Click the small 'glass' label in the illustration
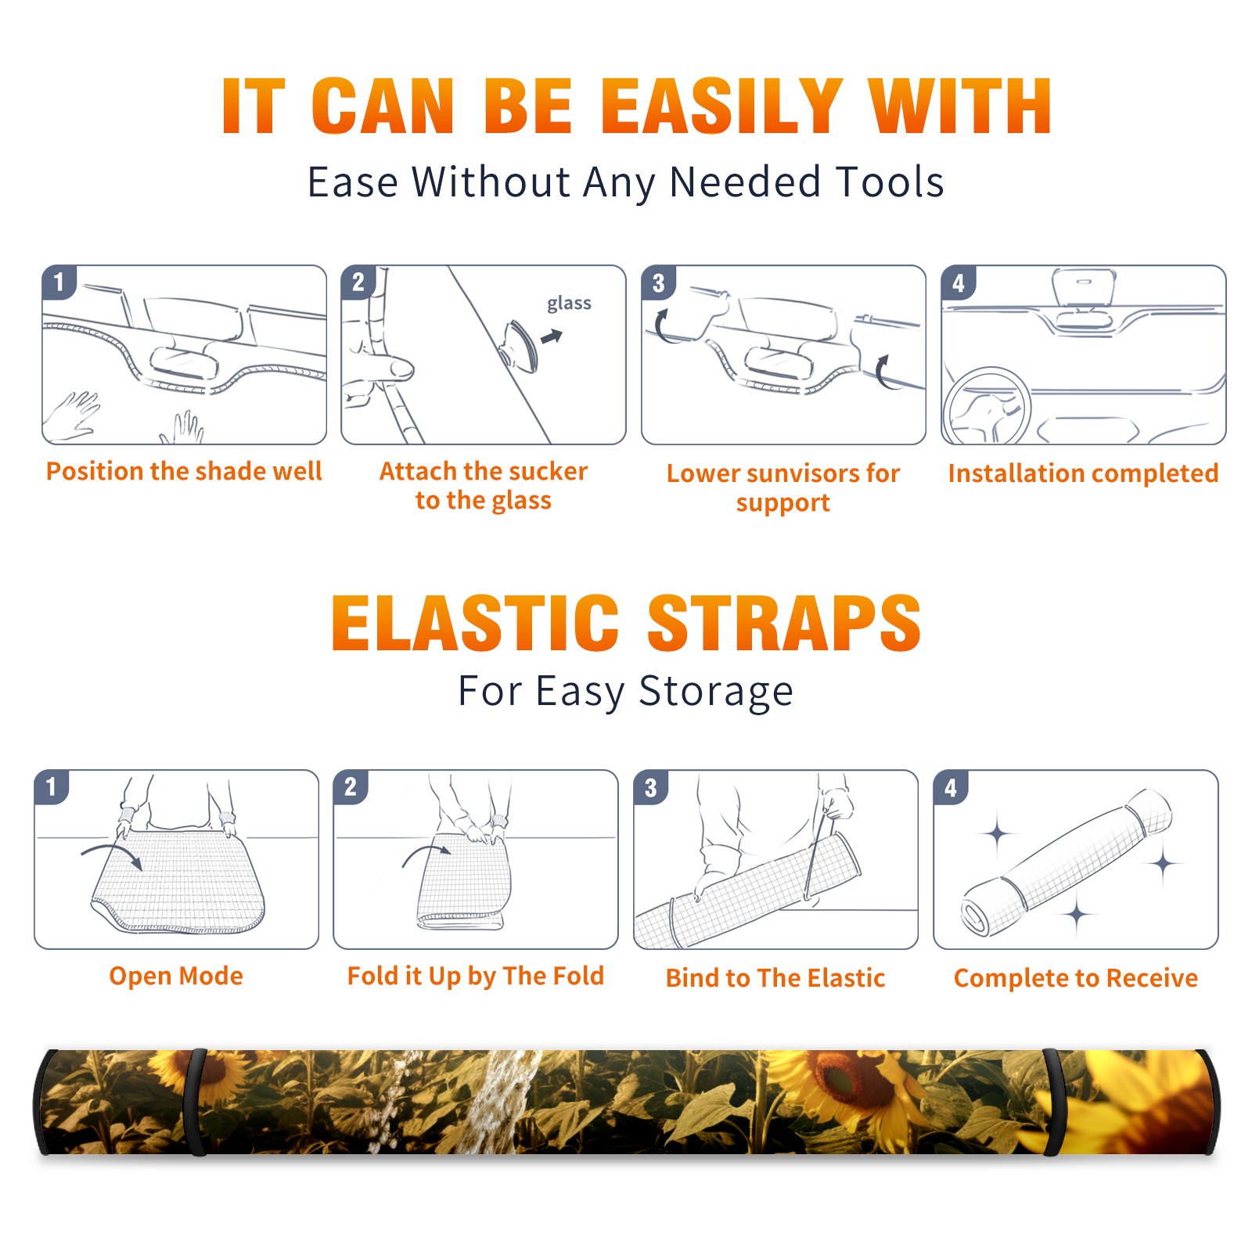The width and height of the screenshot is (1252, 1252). coord(569,304)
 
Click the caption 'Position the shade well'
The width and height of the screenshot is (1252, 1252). coord(184,471)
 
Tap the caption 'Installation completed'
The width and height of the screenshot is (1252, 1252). coord(1083,473)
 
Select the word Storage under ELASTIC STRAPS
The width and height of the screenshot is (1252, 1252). coord(716,692)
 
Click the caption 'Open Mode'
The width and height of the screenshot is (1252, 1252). coord(176,976)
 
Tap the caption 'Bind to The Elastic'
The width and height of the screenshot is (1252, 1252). coord(775,977)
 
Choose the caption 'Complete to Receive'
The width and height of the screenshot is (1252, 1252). coord(1076,978)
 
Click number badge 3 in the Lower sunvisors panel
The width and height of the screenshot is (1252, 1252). coord(658,283)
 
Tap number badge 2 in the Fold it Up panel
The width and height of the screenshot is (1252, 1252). coord(351,787)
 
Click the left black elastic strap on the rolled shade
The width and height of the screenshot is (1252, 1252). coord(196,1102)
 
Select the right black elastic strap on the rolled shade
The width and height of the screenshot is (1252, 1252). coord(1052,1102)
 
